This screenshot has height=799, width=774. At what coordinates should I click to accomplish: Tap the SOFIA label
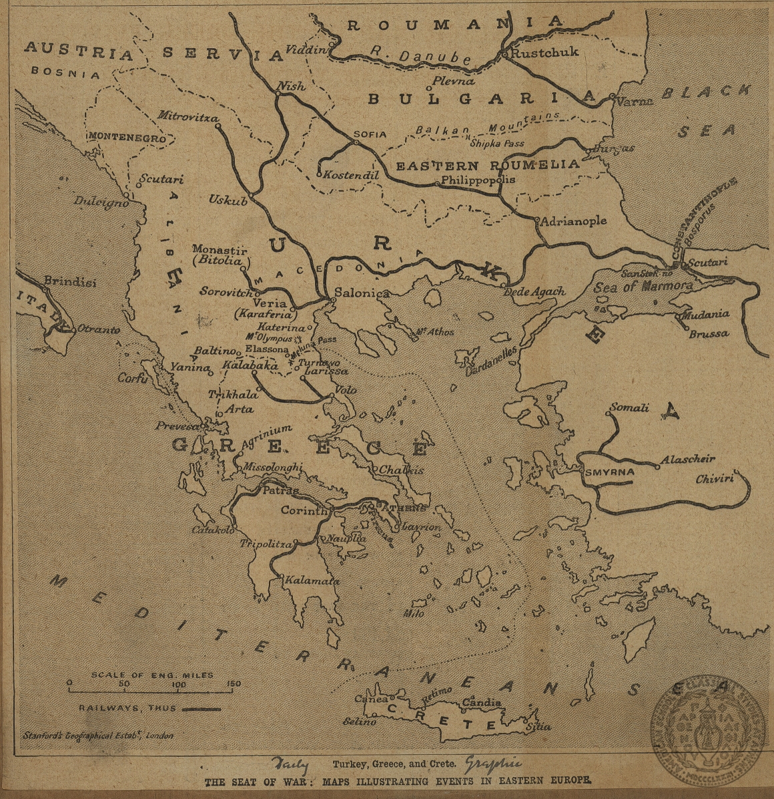(x=370, y=134)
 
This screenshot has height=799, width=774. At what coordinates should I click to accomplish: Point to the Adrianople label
(x=574, y=220)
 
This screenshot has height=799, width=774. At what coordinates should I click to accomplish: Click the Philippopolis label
(x=478, y=180)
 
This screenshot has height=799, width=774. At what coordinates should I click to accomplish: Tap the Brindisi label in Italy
(x=69, y=282)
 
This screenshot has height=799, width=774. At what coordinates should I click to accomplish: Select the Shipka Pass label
(x=497, y=143)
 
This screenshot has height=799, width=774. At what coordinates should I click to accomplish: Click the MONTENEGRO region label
(x=127, y=136)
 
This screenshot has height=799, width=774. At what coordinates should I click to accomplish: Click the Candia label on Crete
(x=481, y=703)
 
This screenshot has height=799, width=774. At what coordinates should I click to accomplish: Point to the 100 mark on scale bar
(x=179, y=685)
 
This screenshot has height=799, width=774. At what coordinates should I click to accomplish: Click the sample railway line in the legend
(x=201, y=707)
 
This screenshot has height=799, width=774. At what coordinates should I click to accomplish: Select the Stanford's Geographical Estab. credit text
(x=97, y=736)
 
